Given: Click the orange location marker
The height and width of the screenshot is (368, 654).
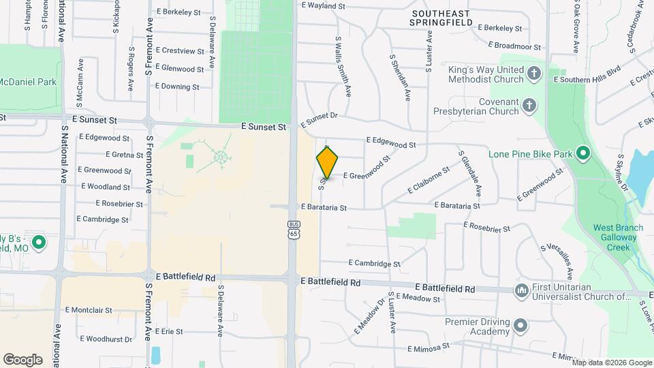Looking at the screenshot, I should (328, 163).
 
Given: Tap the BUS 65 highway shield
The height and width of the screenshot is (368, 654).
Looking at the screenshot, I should (294, 230).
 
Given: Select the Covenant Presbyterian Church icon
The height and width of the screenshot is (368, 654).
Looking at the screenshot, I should (529, 106).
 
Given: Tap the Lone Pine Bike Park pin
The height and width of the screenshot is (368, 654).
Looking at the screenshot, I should (582, 153).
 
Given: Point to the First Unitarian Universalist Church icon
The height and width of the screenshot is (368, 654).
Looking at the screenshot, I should (522, 291).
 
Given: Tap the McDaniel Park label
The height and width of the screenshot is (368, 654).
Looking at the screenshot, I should (27, 82).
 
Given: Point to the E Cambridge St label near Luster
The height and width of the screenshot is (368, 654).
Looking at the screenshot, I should (374, 263).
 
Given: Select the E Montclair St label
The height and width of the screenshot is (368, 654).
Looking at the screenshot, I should (89, 309).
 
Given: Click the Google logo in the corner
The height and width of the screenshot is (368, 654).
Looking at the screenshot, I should (22, 360).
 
